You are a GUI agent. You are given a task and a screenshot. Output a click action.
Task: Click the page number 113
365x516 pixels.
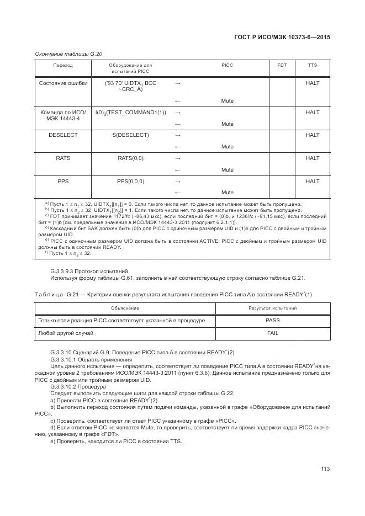coord(325,469)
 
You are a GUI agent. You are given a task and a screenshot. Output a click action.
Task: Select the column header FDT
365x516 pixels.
coord(282,65)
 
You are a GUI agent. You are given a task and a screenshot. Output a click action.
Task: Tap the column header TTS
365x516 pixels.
coord(313,65)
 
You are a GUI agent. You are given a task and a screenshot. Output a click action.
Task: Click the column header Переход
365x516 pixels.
coord(63,65)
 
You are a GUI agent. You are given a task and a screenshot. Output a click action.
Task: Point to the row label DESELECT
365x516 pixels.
coord(63,135)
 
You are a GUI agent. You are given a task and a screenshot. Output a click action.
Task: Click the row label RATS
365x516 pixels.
coord(63,158)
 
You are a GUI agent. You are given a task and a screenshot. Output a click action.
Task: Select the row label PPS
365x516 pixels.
coord(63,182)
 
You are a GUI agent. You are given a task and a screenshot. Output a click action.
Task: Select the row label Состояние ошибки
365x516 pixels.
coord(63,83)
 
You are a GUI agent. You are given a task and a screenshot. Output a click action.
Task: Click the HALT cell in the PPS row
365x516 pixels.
coord(313,182)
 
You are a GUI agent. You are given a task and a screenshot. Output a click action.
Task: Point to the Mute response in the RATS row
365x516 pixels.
coord(227,170)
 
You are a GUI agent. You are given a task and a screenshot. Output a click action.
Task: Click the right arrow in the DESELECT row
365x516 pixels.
coord(178,135)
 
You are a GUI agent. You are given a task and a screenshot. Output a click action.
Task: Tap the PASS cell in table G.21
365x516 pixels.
coord(273,321)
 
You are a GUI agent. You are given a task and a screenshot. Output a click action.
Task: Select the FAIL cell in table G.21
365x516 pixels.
coord(273,333)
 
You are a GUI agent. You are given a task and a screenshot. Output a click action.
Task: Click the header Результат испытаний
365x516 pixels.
coord(273,308)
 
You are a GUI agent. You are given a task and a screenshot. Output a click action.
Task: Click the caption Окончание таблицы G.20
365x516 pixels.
coord(68,54)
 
